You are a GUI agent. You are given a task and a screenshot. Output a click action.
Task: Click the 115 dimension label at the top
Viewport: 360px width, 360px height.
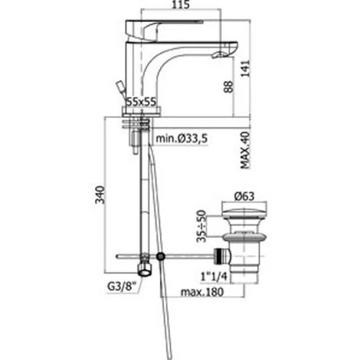pos(181,5)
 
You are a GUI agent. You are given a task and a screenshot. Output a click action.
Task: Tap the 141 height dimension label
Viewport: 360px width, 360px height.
pos(245,68)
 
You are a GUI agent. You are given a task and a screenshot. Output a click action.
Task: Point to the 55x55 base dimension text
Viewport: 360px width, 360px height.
pos(142,102)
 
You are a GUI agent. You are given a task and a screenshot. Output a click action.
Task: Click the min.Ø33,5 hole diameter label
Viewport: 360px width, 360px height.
pos(182,139)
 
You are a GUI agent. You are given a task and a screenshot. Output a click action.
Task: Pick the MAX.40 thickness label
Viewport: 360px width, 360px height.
pos(245,150)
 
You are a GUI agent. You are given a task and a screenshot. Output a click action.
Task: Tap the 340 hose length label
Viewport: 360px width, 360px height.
pos(100,195)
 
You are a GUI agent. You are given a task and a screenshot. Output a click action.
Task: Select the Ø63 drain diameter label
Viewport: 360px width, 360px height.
pos(244,196)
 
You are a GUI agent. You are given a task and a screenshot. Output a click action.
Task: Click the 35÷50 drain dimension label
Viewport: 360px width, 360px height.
pos(201,226)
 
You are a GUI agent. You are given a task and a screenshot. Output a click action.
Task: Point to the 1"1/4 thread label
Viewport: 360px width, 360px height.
pos(214,277)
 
